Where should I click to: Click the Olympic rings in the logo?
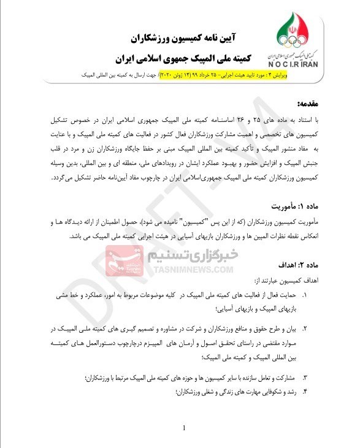(293, 41)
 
